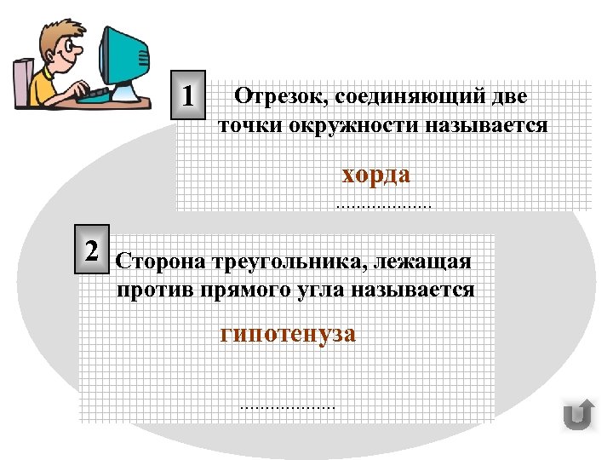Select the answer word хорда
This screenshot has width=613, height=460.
click(375, 175)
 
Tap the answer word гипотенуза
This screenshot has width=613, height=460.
click(288, 333)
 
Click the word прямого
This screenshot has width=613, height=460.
click(240, 290)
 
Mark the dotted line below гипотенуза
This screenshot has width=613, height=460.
click(288, 408)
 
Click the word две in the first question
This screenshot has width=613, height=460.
click(513, 97)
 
